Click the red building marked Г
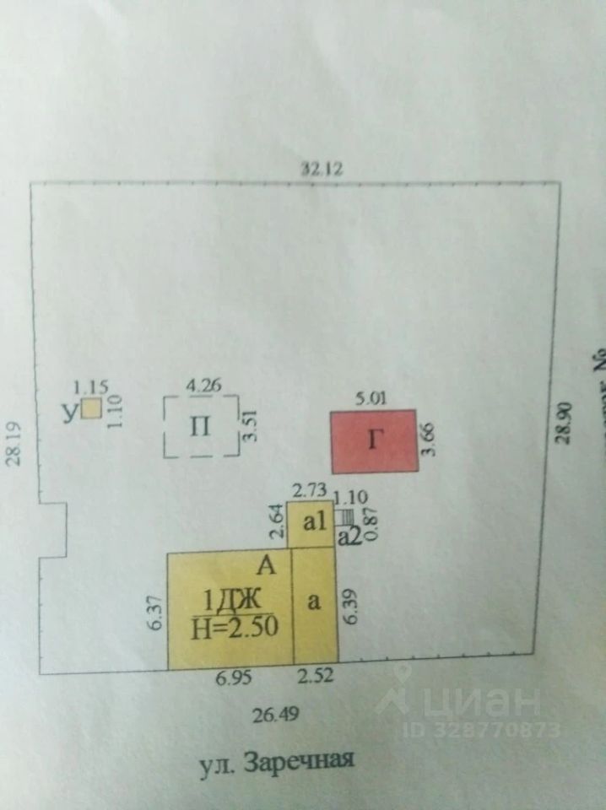click(373, 441)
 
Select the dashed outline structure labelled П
click(200, 426)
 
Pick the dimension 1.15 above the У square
click(90, 387)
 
